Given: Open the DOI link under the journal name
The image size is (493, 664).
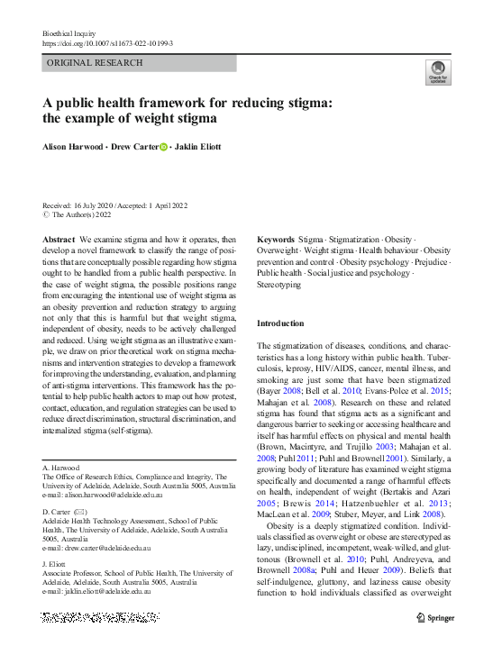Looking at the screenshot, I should (107, 42).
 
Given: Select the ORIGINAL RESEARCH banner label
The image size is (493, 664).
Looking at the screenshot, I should (95, 63).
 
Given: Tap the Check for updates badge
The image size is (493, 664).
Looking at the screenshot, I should (438, 72).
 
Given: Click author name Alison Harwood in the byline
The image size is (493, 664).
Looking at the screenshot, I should (74, 147).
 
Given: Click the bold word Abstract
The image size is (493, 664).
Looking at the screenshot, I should (59, 240).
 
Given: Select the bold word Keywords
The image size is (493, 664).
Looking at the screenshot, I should (276, 240).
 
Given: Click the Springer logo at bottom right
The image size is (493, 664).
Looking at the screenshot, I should (435, 618).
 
